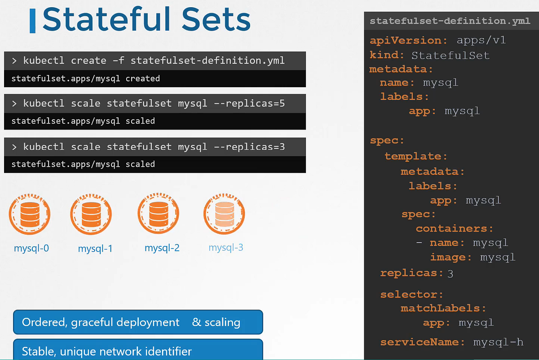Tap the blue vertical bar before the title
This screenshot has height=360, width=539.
click(x=32, y=21)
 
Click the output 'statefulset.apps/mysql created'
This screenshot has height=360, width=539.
click(x=86, y=79)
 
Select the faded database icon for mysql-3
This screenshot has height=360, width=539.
click(x=224, y=214)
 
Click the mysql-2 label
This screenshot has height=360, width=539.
click(x=162, y=248)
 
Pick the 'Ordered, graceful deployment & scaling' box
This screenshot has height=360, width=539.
click(x=138, y=322)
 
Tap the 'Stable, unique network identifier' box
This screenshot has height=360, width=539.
click(x=138, y=350)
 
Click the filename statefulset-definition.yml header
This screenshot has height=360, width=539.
click(x=450, y=21)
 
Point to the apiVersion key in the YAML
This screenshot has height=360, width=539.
click(x=408, y=40)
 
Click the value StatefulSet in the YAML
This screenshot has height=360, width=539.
click(x=450, y=55)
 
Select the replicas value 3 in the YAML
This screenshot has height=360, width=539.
click(x=450, y=273)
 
